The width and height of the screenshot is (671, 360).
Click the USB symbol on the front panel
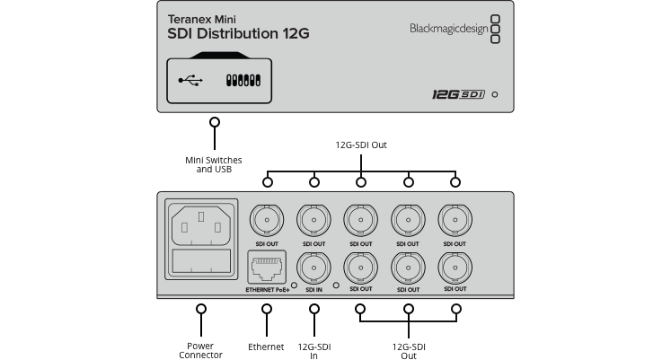tap(190, 80)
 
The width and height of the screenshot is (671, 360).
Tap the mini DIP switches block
tap(243, 80)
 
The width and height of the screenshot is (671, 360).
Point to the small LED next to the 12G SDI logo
tap(495, 94)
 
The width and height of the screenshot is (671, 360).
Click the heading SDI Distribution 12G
tap(238, 33)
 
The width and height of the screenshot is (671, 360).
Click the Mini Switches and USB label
tap(214, 164)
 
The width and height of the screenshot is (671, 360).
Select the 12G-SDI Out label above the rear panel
tap(361, 145)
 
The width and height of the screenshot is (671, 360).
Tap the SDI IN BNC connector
tap(314, 268)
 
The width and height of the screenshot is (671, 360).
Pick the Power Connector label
tap(200, 349)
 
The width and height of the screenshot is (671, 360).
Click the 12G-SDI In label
tap(314, 349)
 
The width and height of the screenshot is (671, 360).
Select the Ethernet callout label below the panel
tap(267, 346)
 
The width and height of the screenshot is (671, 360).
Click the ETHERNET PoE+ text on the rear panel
tap(267, 290)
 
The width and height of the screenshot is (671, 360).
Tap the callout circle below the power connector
tap(200, 308)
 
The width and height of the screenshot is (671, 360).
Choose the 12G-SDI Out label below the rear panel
tap(409, 349)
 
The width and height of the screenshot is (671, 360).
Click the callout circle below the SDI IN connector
tap(314, 308)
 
